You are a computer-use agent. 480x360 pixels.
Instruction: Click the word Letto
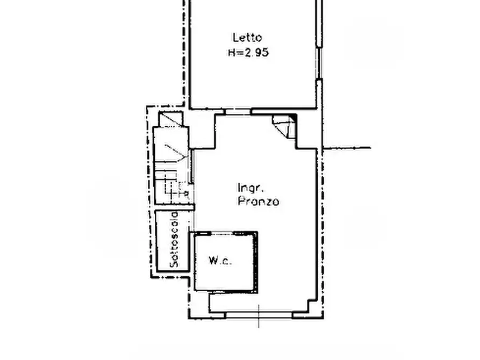click(247, 38)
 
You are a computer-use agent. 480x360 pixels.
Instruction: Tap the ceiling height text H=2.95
click(248, 53)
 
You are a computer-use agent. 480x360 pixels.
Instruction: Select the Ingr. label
click(251, 188)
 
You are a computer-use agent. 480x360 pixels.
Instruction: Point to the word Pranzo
click(259, 201)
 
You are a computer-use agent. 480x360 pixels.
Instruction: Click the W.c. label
click(220, 261)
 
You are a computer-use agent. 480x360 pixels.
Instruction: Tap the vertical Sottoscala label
click(174, 240)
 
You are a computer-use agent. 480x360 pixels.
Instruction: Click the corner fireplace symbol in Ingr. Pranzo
click(285, 126)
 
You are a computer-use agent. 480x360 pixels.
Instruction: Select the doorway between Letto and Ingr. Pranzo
click(238, 112)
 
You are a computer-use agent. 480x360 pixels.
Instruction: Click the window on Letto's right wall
click(319, 63)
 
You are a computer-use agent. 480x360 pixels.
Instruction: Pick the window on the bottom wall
click(259, 315)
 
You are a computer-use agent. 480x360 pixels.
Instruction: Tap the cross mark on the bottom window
click(259, 316)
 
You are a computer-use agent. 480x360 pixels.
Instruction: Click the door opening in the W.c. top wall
click(223, 234)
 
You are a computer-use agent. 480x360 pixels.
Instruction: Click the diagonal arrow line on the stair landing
click(175, 152)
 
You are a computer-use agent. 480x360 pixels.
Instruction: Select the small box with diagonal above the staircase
click(171, 119)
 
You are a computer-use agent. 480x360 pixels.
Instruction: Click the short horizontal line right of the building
click(347, 148)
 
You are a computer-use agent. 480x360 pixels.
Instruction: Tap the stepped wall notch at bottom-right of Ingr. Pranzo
click(312, 305)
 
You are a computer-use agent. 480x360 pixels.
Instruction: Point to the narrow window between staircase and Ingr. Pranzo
click(192, 166)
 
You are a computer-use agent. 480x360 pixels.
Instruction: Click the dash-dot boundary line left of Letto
click(184, 53)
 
